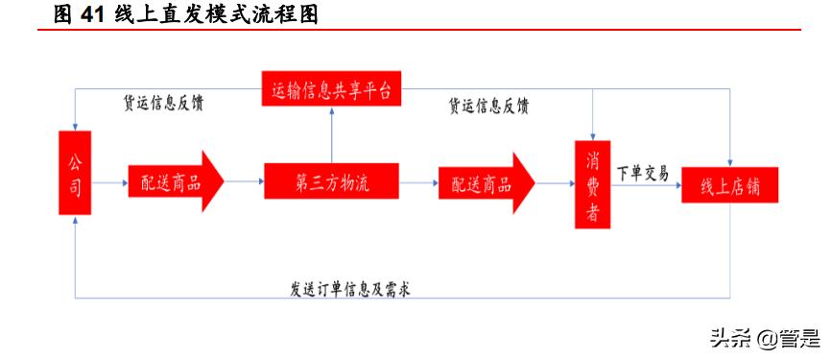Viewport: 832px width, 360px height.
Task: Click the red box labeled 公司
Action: tap(74, 173)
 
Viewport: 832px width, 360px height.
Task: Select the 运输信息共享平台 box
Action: tap(331, 90)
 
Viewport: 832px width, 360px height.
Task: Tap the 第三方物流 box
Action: tap(331, 180)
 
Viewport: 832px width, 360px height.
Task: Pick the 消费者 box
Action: tap(592, 184)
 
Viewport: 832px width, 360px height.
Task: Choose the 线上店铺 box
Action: tap(729, 184)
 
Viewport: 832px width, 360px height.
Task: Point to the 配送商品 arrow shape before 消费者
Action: tap(486, 180)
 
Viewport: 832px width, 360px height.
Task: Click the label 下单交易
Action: tap(643, 173)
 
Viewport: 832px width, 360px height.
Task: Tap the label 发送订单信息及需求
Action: tap(350, 287)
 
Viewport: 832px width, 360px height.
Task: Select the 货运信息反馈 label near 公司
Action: tap(163, 103)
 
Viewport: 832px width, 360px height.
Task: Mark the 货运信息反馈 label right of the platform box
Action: tap(488, 106)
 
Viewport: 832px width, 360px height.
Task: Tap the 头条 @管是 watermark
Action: tap(764, 338)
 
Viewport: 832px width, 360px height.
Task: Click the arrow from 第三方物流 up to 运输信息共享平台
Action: tap(331, 134)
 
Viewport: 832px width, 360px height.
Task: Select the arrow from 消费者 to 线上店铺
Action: tap(646, 182)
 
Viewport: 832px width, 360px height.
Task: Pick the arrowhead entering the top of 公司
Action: tap(75, 125)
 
